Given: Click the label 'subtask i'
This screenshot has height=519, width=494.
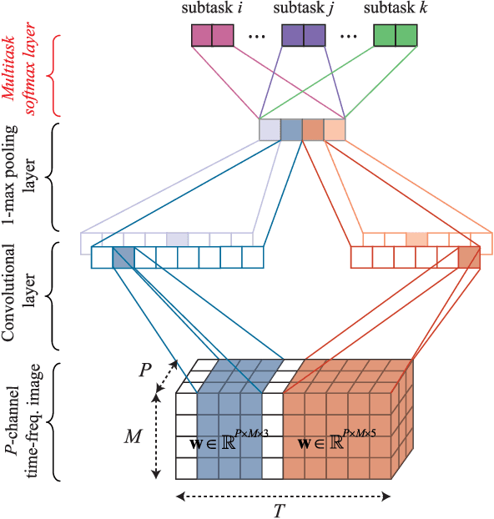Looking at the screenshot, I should point(211,9).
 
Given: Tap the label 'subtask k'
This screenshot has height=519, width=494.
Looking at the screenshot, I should point(395,9).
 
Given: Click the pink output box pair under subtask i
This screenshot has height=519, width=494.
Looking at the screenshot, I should point(211,35).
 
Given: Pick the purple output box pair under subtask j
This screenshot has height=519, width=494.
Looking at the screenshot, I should point(303,35).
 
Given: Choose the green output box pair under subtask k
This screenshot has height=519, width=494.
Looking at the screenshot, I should point(395,35).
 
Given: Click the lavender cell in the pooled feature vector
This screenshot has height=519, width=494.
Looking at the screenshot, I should point(270,130).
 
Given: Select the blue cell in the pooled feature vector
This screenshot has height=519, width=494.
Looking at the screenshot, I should point(291,130).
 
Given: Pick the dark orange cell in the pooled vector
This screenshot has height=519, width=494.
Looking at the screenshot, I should point(313,130).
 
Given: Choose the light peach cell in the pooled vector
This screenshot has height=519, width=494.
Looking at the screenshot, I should point(335,130).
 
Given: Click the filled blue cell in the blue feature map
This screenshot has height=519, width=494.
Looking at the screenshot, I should point(123,257).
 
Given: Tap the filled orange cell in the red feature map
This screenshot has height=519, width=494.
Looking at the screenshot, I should point(469,257).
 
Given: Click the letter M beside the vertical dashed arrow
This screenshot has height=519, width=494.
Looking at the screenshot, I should point(134,436).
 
